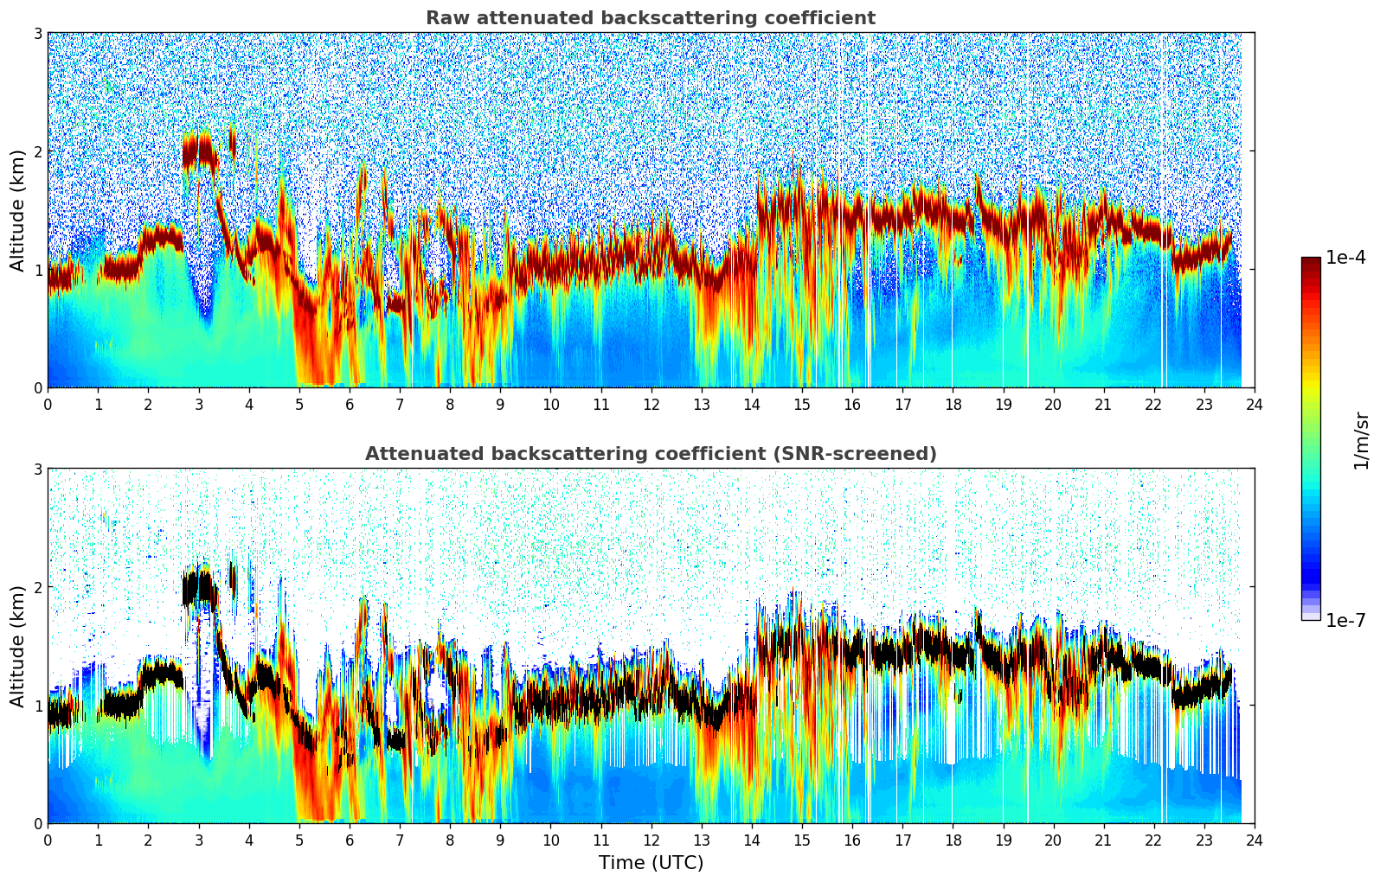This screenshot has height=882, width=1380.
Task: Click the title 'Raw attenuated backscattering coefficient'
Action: pyautogui.click(x=650, y=18)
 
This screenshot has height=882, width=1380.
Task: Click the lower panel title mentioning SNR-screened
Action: pyautogui.click(x=650, y=454)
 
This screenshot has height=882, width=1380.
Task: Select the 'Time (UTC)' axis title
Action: pyautogui.click(x=651, y=863)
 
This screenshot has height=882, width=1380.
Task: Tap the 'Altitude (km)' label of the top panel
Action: pyautogui.click(x=17, y=210)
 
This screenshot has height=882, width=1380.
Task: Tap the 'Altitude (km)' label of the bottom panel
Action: pyautogui.click(x=17, y=646)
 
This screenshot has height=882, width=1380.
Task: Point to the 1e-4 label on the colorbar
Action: pyautogui.click(x=1345, y=258)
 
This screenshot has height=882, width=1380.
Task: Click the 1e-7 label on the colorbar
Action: pyautogui.click(x=1345, y=620)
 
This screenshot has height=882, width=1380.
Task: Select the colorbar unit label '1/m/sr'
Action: pyautogui.click(x=1361, y=440)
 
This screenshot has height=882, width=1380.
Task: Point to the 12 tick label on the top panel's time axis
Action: pyautogui.click(x=651, y=404)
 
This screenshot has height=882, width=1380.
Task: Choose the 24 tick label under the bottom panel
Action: pyautogui.click(x=1255, y=840)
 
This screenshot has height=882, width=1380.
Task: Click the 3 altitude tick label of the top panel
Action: pyautogui.click(x=37, y=33)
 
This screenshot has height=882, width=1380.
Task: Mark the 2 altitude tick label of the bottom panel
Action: pyautogui.click(x=37, y=587)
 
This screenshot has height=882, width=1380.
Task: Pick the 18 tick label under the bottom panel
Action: pyautogui.click(x=953, y=840)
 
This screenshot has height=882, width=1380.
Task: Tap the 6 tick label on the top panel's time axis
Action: pyautogui.click(x=350, y=404)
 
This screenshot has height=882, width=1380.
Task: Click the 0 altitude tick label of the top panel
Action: pyautogui.click(x=37, y=387)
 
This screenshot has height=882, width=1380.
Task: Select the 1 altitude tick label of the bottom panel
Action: pyautogui.click(x=37, y=706)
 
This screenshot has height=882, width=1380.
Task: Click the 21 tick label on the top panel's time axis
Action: pyautogui.click(x=1103, y=404)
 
